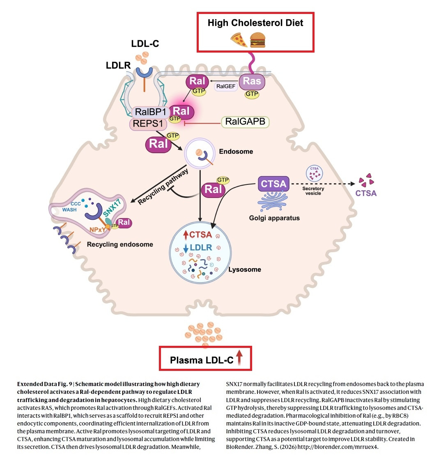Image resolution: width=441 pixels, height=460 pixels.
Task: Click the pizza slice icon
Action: (x=239, y=40)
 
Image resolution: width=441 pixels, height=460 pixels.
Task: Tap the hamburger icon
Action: (x=257, y=40)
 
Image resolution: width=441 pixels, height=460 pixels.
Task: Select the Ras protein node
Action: (x=252, y=81)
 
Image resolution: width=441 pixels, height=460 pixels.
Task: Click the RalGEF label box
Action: (x=226, y=86)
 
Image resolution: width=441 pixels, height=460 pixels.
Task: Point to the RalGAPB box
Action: (x=245, y=122)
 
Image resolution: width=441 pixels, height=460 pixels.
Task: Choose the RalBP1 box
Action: (x=150, y=112)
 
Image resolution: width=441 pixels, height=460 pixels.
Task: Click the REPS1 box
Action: (x=148, y=124)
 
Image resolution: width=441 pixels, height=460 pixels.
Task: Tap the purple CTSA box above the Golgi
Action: (x=273, y=184)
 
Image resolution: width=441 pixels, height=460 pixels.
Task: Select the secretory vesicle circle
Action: (x=315, y=173)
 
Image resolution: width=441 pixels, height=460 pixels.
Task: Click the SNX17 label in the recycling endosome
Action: (x=112, y=207)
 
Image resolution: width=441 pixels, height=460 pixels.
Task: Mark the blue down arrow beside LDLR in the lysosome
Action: (x=186, y=248)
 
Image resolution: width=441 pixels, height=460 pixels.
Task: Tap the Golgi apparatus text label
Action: (x=274, y=218)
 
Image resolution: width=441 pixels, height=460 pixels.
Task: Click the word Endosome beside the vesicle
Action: (x=236, y=152)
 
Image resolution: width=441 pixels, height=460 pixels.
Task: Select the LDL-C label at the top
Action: (x=145, y=44)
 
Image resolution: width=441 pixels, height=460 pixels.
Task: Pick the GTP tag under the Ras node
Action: (x=252, y=94)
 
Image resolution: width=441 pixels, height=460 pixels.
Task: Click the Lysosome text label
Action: (x=245, y=269)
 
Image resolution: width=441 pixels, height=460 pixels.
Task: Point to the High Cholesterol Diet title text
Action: (x=255, y=23)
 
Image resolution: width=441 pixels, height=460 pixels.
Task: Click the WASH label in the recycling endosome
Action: (x=69, y=210)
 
